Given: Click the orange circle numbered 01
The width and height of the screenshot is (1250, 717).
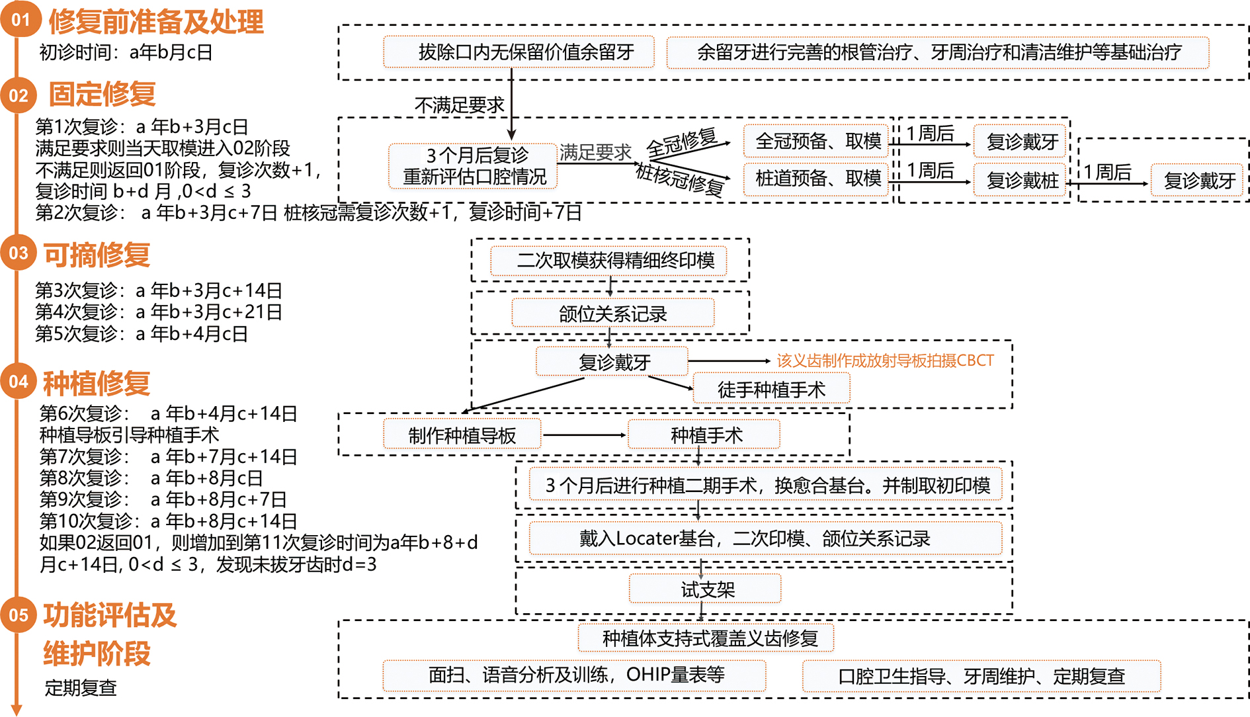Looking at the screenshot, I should coord(20,19).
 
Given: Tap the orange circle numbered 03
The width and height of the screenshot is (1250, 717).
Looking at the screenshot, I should coord(19,253).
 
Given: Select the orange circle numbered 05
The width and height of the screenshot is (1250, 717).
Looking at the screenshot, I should coord(19,614).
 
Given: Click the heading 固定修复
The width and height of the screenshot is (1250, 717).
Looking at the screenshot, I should coord(102,94).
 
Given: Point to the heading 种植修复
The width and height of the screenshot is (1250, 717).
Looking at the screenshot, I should coord(97,383).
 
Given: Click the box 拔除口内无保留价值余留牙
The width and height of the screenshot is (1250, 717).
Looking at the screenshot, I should coord(519,52).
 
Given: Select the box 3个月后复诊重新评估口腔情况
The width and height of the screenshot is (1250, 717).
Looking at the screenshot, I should coord(474,166).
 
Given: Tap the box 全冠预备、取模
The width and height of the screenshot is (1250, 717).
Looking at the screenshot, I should coord(817,141).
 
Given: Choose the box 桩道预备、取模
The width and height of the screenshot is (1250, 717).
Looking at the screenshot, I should coord(817,178).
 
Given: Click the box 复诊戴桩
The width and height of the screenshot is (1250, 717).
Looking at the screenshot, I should coord(1021,179).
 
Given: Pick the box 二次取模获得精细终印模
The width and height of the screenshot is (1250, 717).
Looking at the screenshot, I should coord(608,261).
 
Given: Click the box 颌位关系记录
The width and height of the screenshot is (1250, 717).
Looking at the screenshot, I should coord(612,314).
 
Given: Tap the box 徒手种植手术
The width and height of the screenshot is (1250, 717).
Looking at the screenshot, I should coord(771,390).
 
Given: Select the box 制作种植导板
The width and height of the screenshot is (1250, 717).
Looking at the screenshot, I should coord(462,435).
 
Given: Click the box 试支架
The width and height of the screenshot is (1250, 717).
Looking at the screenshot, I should coord(705,589).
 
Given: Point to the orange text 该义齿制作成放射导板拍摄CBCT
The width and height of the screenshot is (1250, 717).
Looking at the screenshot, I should coord(885,360).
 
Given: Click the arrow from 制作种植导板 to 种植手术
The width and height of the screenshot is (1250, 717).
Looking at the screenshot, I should coord(583,435).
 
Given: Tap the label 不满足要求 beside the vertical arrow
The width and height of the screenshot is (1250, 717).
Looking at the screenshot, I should coord(459,105).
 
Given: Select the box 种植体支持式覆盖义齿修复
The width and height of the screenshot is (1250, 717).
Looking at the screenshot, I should coord(706,638).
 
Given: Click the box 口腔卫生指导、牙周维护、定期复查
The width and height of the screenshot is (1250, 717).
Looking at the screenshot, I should coord(981,676).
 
